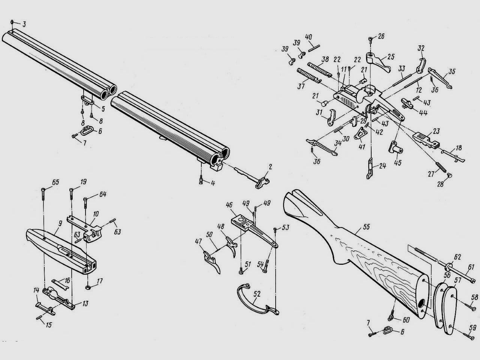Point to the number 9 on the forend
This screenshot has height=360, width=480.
(x=60, y=224)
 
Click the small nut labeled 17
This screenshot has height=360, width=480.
(x=88, y=287)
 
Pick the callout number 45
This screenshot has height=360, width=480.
(x=397, y=163)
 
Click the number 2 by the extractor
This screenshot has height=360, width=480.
(x=270, y=167)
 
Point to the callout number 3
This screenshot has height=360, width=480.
(x=24, y=24)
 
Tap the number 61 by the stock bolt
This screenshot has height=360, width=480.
(x=471, y=267)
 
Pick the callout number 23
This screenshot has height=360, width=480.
(x=436, y=131)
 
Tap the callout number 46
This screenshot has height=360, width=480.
(x=229, y=205)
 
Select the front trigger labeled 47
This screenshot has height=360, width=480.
(x=211, y=262)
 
